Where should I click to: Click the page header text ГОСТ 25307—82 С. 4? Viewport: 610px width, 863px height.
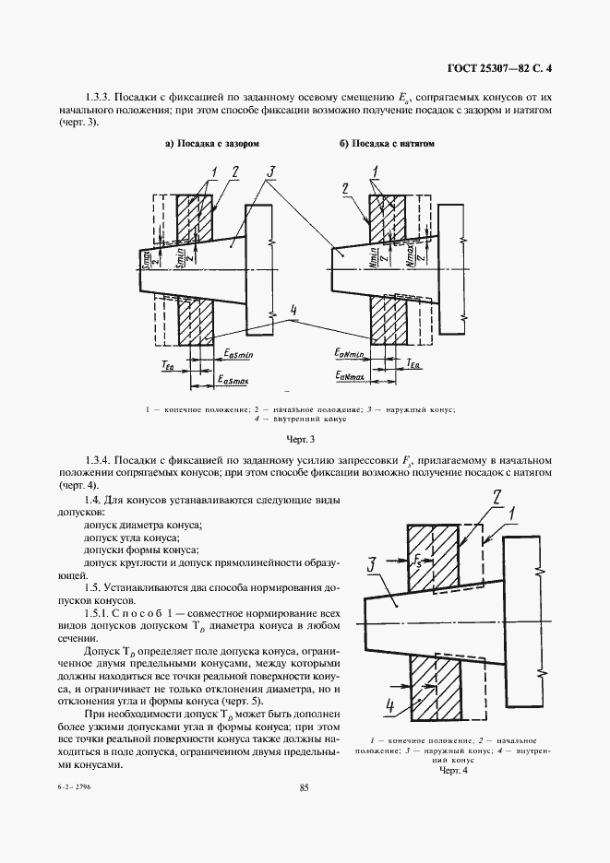pos(506,67)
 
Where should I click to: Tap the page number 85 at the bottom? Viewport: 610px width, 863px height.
pos(305,787)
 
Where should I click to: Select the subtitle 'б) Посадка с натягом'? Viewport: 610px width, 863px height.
pos(387,145)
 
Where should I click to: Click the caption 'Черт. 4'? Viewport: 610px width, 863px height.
pos(454,771)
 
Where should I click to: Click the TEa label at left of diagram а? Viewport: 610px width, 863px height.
pos(167,366)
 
